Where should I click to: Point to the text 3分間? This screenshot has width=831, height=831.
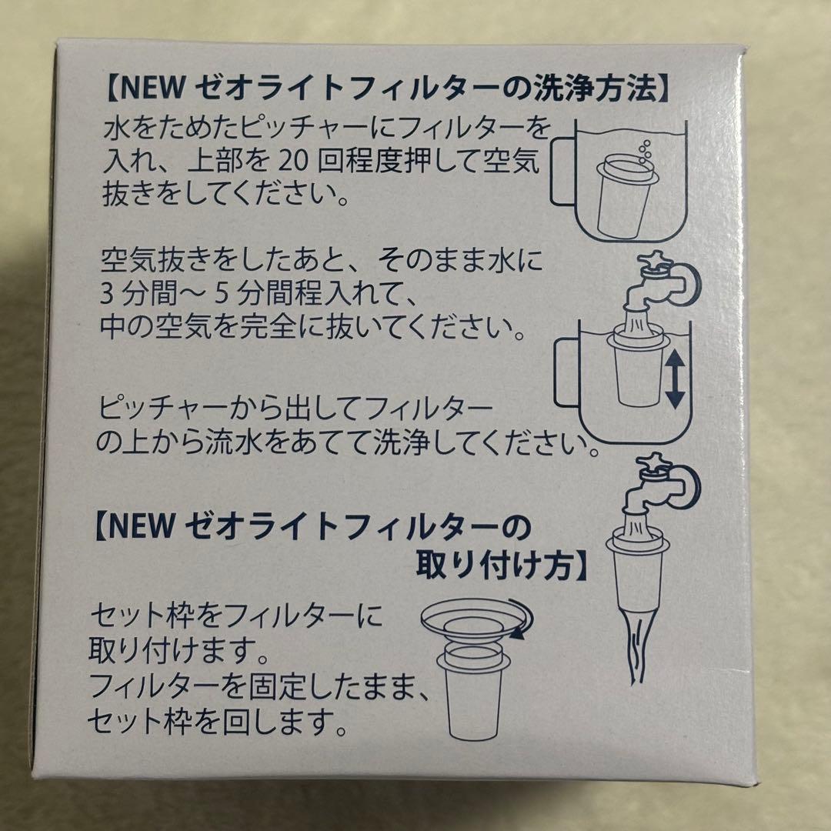138,296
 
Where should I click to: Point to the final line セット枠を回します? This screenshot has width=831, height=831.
215,722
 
